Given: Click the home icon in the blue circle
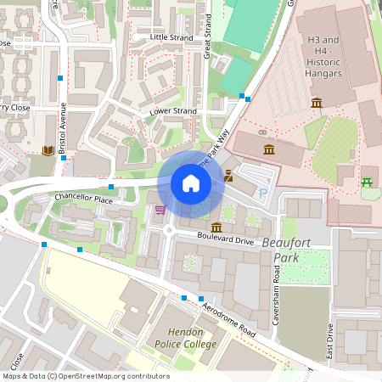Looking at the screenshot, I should (190, 183).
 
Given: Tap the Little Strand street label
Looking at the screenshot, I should (172, 37).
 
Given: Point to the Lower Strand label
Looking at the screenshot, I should (173, 111).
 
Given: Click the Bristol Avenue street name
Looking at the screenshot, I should (62, 127).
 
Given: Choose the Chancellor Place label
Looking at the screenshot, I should (83, 199).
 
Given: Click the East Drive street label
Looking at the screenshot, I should (329, 340).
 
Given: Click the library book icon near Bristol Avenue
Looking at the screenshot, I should (48, 150).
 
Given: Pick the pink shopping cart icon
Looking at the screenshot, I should (160, 210).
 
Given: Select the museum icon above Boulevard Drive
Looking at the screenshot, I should (216, 228).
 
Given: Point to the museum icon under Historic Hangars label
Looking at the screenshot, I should (317, 103).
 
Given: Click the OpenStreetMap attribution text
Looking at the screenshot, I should (85, 376).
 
